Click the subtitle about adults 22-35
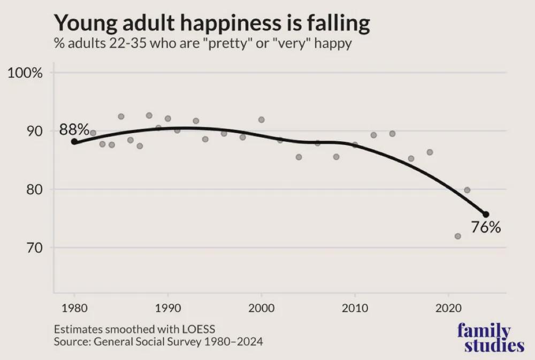pos(203,43)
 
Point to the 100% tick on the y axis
pos(25,73)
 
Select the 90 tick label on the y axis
pos(32,131)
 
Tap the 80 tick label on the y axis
pos(32,189)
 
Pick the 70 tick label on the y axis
pos(32,248)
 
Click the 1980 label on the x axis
pos(74,309)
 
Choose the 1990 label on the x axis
pos(168,309)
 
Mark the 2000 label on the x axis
pos(261,309)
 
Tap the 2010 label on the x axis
pos(355,309)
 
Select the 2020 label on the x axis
pos(448,309)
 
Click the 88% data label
pos(74,129)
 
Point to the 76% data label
pos(486,228)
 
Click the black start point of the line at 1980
pos(74,142)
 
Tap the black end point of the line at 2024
pos(486,214)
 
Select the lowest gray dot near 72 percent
pos(457,236)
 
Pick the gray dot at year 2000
pos(261,120)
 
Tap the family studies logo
pos(491,338)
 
